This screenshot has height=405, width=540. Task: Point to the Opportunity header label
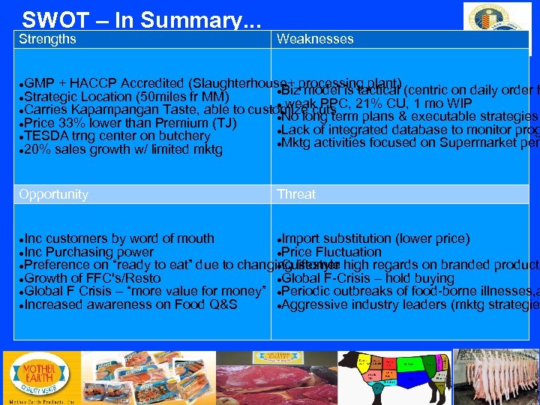[53, 194]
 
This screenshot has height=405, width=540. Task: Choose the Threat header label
[296, 194]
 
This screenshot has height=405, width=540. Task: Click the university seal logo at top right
[496, 28]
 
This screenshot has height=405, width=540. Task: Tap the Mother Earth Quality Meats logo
[38, 379]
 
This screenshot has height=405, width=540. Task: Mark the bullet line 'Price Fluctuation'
[331, 252]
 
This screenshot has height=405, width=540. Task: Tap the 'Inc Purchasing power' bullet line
[89, 252]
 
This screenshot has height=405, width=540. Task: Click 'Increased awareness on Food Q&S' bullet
[131, 304]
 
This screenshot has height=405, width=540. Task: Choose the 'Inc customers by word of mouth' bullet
[119, 238]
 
